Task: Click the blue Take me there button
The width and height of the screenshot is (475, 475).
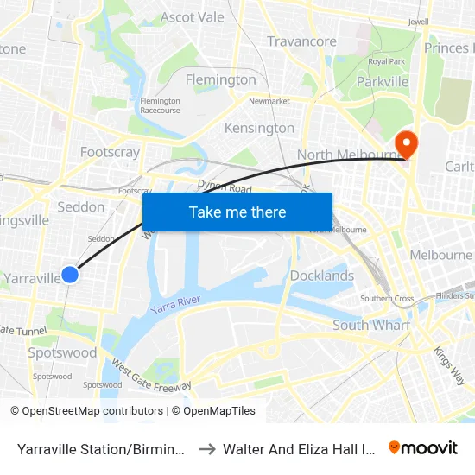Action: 237,212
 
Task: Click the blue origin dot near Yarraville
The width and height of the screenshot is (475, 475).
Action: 71,274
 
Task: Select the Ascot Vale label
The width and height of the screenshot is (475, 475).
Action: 192,17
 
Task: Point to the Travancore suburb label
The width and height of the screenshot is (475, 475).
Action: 301,41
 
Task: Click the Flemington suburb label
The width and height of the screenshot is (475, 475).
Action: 221,79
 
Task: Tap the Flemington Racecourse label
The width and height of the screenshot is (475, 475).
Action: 161,105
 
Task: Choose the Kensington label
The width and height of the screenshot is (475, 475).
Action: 259,128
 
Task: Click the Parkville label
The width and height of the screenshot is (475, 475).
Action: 383,82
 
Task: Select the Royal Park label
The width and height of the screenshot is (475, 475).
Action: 386,61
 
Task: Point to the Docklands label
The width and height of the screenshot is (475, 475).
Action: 321,275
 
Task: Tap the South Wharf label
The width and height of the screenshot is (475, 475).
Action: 371,325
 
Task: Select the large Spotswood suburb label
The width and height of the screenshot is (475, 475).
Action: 62,352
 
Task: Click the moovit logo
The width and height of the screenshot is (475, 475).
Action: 423,447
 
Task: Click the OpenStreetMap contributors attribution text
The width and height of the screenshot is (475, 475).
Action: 86,411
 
